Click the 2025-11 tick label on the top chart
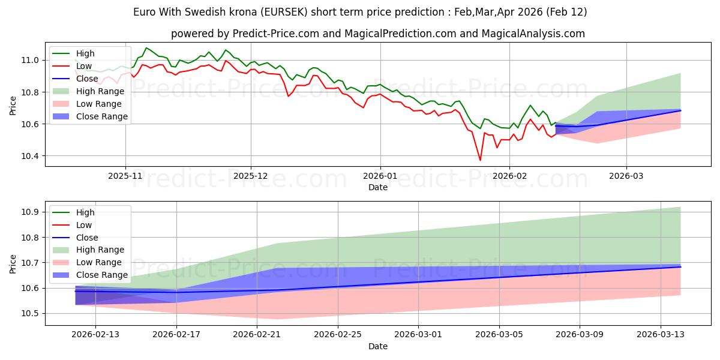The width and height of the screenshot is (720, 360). [125, 177]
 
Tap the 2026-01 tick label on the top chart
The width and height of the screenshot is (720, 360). [380, 177]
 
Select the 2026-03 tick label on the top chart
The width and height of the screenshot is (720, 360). [626, 177]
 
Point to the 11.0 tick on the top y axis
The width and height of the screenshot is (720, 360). [31, 60]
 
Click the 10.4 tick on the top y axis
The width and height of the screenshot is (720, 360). [31, 156]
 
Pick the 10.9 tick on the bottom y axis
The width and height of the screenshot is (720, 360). [31, 212]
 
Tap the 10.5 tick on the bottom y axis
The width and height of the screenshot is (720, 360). [31, 314]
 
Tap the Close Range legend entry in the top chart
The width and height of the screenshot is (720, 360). [103, 116]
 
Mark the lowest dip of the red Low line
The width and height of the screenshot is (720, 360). [480, 160]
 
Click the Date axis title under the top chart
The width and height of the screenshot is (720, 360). [378, 188]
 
